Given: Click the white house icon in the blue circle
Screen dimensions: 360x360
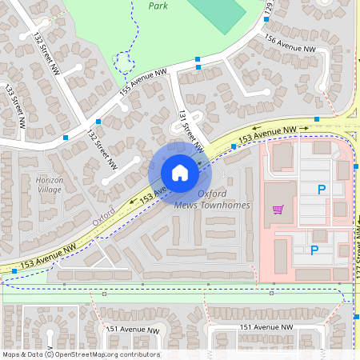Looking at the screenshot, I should pos(180,172).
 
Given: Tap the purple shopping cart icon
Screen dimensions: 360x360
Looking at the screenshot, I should pos(278,210).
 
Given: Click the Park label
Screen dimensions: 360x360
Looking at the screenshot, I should pos(158,5).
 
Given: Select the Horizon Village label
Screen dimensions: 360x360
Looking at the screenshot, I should pos(49,185).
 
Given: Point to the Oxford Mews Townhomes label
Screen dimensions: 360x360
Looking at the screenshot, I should pos(212,200).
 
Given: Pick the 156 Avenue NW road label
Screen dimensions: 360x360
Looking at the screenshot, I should pos(295,48).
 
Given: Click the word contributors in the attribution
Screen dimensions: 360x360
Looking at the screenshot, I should pos(140,354).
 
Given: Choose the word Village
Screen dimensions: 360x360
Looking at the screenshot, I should pos(49,190).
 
